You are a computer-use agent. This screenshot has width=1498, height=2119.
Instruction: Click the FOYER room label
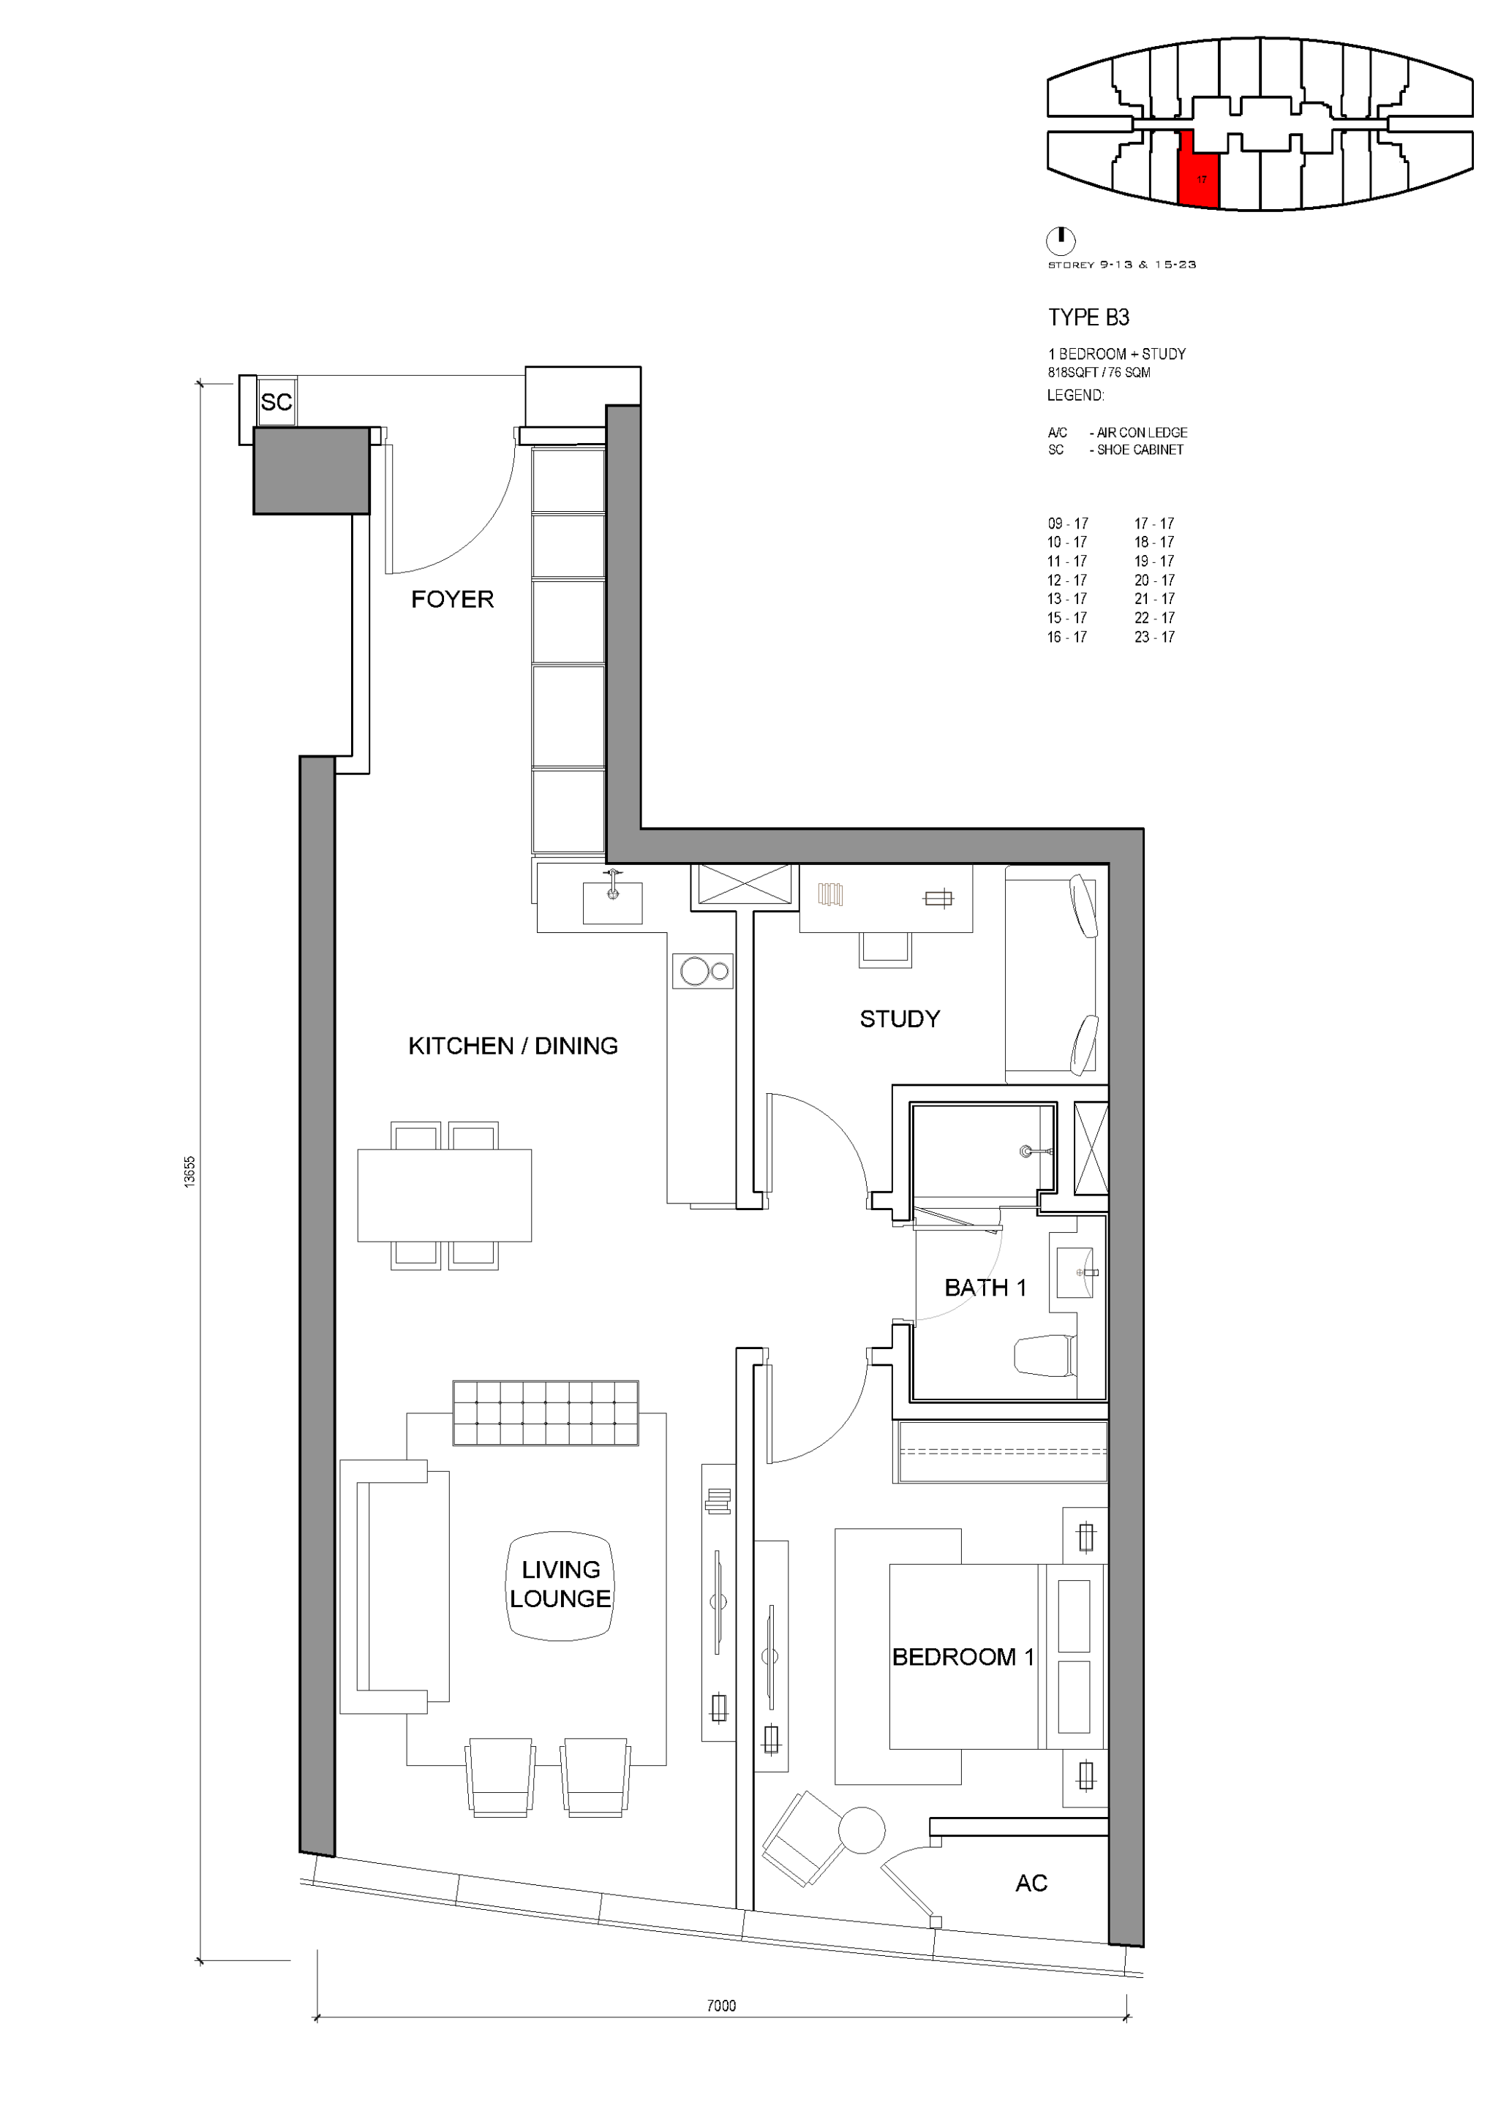click(452, 600)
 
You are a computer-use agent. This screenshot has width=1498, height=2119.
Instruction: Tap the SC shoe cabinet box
click(276, 401)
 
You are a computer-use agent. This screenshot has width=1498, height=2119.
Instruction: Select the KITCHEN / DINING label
click(513, 1046)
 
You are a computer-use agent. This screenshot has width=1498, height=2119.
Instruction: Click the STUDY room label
click(900, 1019)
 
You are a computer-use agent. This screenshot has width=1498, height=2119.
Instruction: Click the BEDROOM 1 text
click(963, 1657)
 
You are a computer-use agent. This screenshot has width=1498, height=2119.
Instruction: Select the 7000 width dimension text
click(722, 2006)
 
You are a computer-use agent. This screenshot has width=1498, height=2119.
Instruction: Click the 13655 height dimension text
click(190, 1172)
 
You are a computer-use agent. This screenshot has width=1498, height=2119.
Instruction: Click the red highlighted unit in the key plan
click(1200, 170)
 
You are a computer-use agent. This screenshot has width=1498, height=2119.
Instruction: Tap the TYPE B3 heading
click(1088, 317)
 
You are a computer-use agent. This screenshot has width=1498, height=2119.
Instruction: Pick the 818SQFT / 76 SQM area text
click(1099, 373)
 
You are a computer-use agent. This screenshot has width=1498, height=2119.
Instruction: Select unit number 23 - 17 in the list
click(1155, 637)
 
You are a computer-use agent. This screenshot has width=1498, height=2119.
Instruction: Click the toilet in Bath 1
click(1045, 1356)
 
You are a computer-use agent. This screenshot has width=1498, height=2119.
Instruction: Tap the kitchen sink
click(612, 902)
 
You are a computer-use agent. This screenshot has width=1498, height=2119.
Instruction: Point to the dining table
click(444, 1196)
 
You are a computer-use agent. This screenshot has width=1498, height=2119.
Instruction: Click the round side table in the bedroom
click(862, 1830)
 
